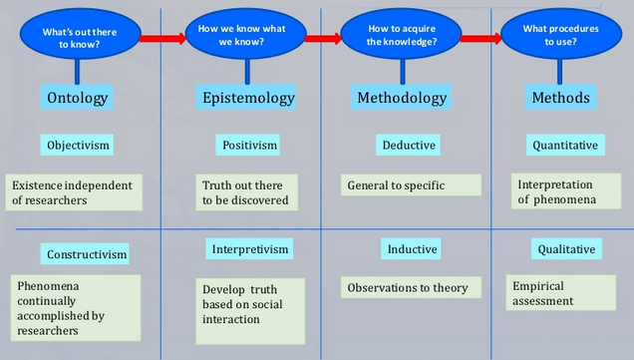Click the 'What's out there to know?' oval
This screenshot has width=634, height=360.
pyautogui.click(x=79, y=38)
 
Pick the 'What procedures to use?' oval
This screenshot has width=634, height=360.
pyautogui.click(x=559, y=35)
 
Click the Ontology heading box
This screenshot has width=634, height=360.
pyautogui.click(x=78, y=97)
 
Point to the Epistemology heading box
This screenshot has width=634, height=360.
pyautogui.click(x=248, y=97)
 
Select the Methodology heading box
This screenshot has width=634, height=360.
pyautogui.click(x=402, y=97)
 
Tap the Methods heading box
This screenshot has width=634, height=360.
pyautogui.click(x=560, y=97)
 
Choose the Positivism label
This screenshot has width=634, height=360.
pyautogui.click(x=248, y=145)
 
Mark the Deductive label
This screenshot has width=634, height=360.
pyautogui.click(x=409, y=145)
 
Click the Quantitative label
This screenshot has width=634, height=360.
pyautogui.click(x=564, y=145)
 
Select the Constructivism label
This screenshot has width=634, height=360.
pyautogui.click(x=87, y=254)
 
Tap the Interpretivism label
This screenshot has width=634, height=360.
pyautogui.click(x=250, y=248)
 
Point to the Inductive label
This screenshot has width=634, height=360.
pyautogui.click(x=412, y=249)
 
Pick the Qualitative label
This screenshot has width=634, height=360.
pyautogui.click(x=566, y=249)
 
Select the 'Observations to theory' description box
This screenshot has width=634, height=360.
pyautogui.click(x=408, y=288)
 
